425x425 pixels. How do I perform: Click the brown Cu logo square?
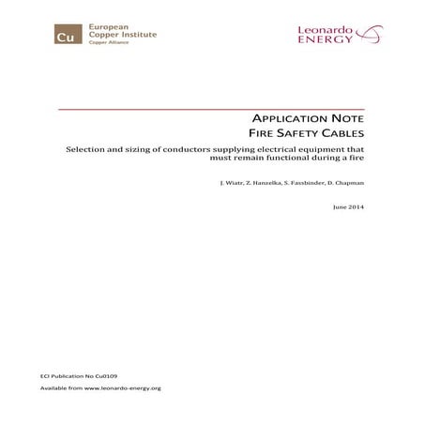click(66, 38)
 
